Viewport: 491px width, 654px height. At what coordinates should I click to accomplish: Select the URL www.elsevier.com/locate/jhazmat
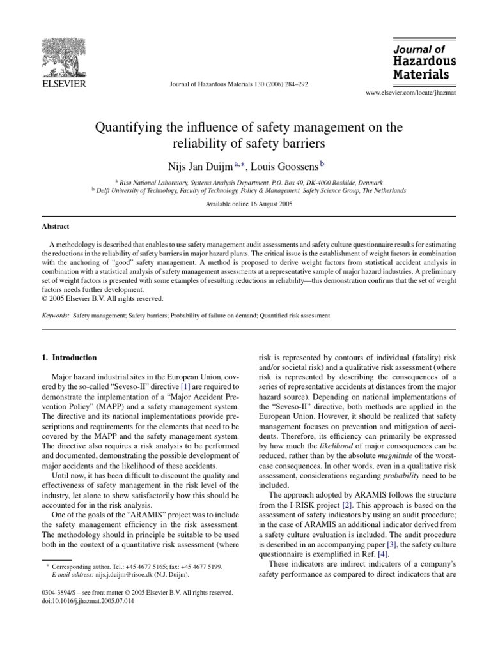tap(410, 93)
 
